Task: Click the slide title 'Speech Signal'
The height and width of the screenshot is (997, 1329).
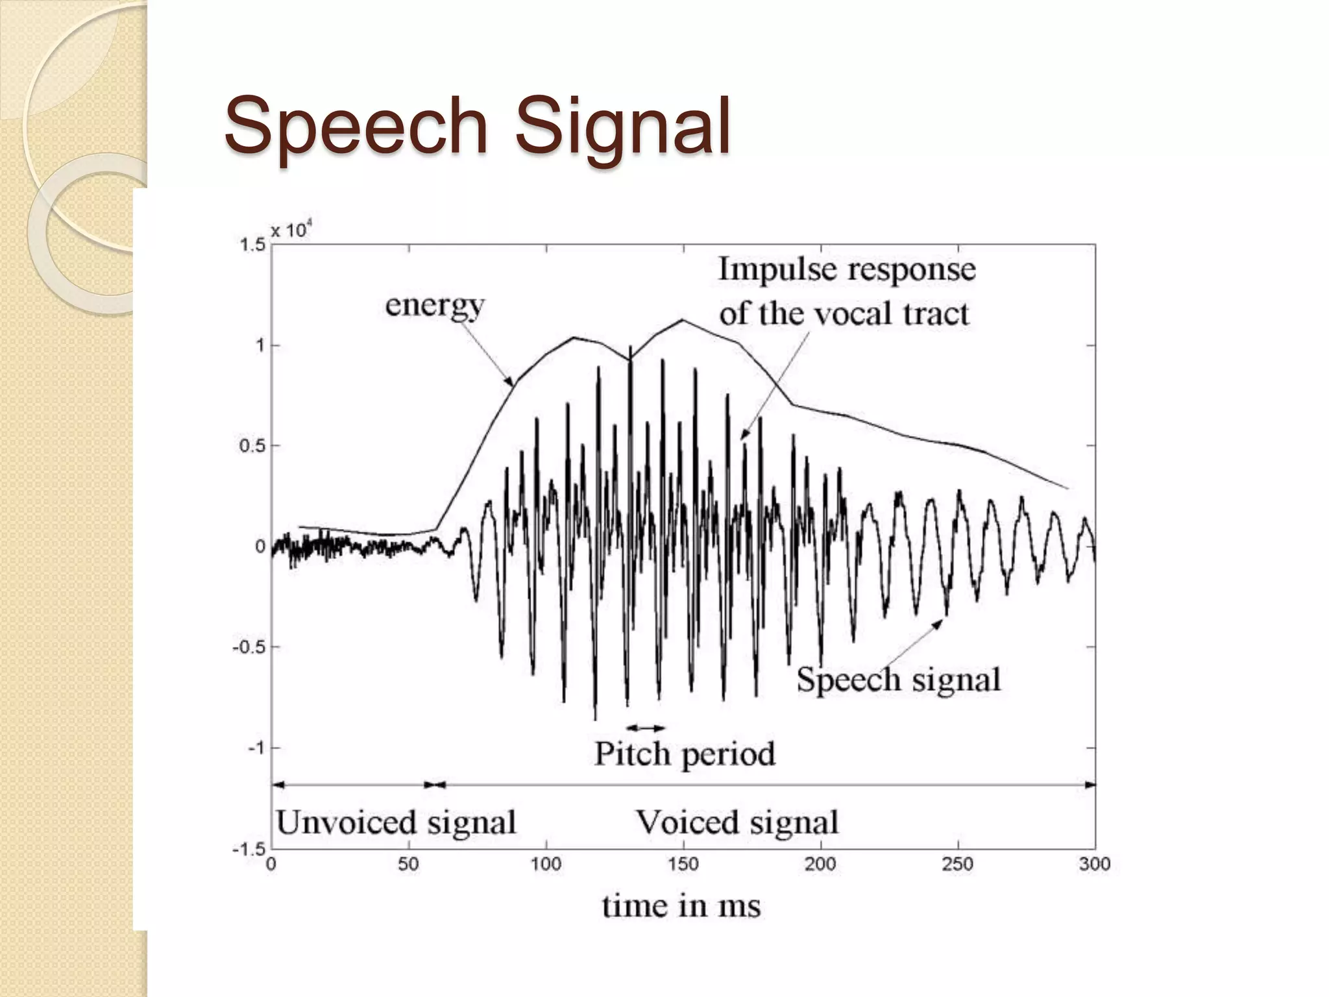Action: click(x=478, y=127)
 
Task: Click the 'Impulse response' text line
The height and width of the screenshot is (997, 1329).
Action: click(x=847, y=269)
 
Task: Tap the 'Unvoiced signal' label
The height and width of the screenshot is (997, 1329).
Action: click(x=396, y=823)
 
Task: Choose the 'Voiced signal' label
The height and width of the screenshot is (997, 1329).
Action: click(x=737, y=823)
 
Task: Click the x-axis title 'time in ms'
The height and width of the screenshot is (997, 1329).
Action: click(x=681, y=905)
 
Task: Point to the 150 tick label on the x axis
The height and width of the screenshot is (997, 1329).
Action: click(x=683, y=865)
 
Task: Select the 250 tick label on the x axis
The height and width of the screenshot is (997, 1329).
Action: click(x=958, y=865)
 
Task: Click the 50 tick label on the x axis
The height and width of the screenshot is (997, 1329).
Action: click(x=408, y=865)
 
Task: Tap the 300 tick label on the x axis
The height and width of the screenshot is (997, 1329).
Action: click(x=1095, y=865)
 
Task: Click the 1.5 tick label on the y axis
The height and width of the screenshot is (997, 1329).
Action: click(x=252, y=245)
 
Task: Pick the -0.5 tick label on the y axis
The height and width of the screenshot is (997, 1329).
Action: click(x=249, y=647)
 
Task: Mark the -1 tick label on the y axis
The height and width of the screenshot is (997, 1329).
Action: click(x=256, y=748)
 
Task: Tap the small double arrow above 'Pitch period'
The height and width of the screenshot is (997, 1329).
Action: click(x=646, y=728)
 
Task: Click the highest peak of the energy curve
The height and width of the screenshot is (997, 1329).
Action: click(x=683, y=320)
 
